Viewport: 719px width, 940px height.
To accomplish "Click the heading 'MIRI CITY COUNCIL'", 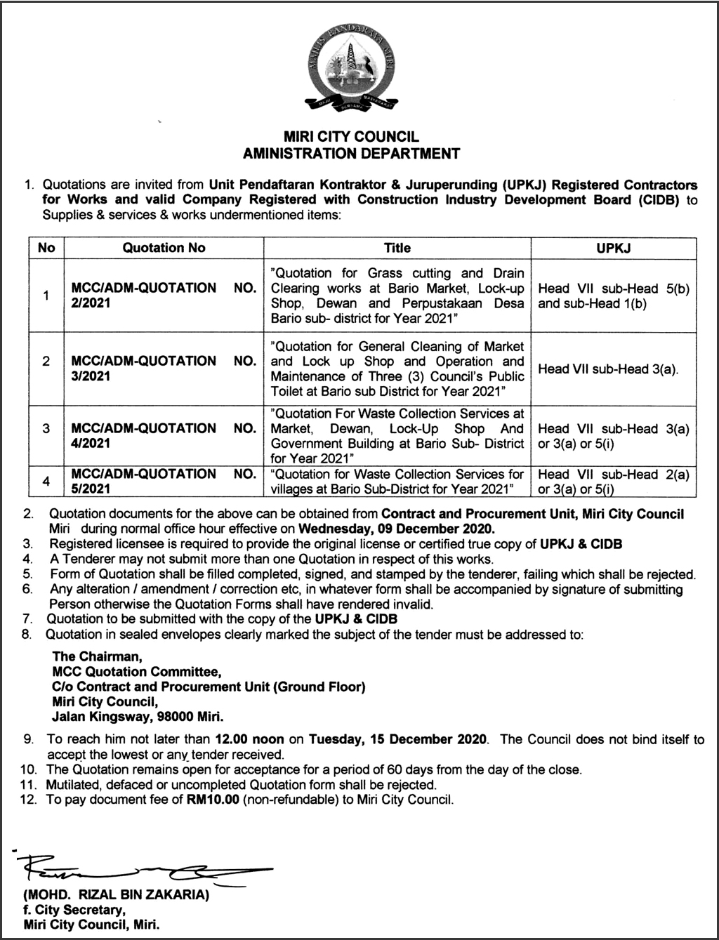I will (350, 137).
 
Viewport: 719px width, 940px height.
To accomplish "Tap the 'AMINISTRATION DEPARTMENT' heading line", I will (351, 152).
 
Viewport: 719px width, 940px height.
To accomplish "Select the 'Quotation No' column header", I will (164, 248).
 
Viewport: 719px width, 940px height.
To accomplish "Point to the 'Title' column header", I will (397, 248).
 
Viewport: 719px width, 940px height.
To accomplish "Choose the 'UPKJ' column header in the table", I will (614, 248).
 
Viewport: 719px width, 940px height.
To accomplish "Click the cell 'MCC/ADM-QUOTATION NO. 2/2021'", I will (164, 296).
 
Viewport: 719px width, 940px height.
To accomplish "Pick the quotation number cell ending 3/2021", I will (164, 369).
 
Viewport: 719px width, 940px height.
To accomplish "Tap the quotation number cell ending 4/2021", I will (164, 436).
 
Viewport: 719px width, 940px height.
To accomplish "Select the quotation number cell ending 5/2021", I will (164, 481).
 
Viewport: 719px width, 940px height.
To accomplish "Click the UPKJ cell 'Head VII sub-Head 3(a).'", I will (608, 369).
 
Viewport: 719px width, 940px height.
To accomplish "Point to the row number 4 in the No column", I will (46, 482).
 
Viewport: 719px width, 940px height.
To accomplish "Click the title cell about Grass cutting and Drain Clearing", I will (397, 296).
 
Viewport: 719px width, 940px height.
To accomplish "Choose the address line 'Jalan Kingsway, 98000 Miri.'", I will (138, 717).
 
